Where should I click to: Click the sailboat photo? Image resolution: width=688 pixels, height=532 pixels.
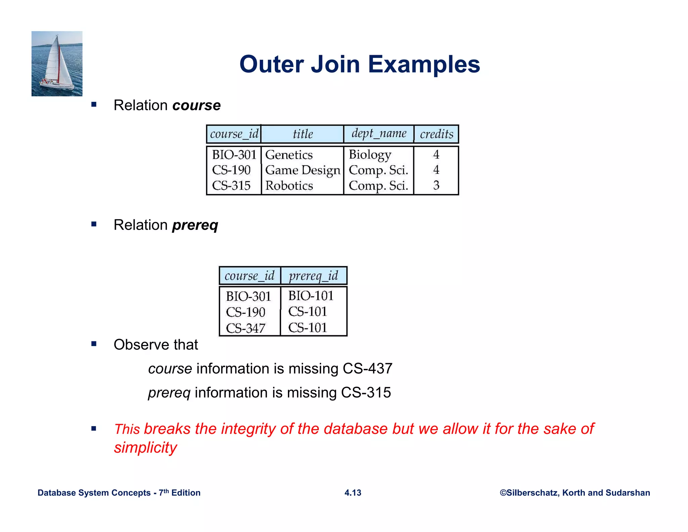57,64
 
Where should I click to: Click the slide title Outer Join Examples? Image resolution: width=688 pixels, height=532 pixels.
359,64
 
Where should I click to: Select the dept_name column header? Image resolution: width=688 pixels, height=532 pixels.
379,134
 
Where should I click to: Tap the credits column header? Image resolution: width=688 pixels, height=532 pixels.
436,134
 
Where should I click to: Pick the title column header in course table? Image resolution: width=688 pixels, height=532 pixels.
303,134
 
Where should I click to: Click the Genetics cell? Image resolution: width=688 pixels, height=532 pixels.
289,155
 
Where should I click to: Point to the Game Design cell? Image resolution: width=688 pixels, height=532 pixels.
303,170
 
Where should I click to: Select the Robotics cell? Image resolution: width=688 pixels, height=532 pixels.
289,186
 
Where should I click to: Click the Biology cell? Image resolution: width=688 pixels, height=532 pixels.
370,155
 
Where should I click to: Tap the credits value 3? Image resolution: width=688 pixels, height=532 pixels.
436,185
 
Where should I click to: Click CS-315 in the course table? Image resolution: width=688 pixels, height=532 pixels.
231,186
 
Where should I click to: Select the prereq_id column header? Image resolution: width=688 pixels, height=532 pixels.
313,276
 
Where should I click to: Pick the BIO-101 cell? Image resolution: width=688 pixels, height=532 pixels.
311,296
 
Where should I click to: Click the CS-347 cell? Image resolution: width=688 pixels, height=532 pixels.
246,328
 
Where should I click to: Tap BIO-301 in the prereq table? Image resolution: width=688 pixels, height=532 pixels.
248,297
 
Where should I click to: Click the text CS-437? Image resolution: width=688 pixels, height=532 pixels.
368,369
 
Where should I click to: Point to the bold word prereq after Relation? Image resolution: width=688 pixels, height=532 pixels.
195,225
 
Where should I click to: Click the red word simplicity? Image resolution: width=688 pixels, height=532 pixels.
145,448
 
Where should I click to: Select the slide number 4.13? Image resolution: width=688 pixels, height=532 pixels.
353,493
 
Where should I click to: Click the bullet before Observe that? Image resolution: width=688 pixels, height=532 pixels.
94,344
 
